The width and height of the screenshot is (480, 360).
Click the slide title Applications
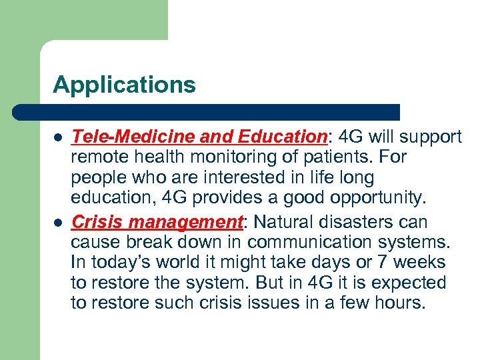tap(124, 85)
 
